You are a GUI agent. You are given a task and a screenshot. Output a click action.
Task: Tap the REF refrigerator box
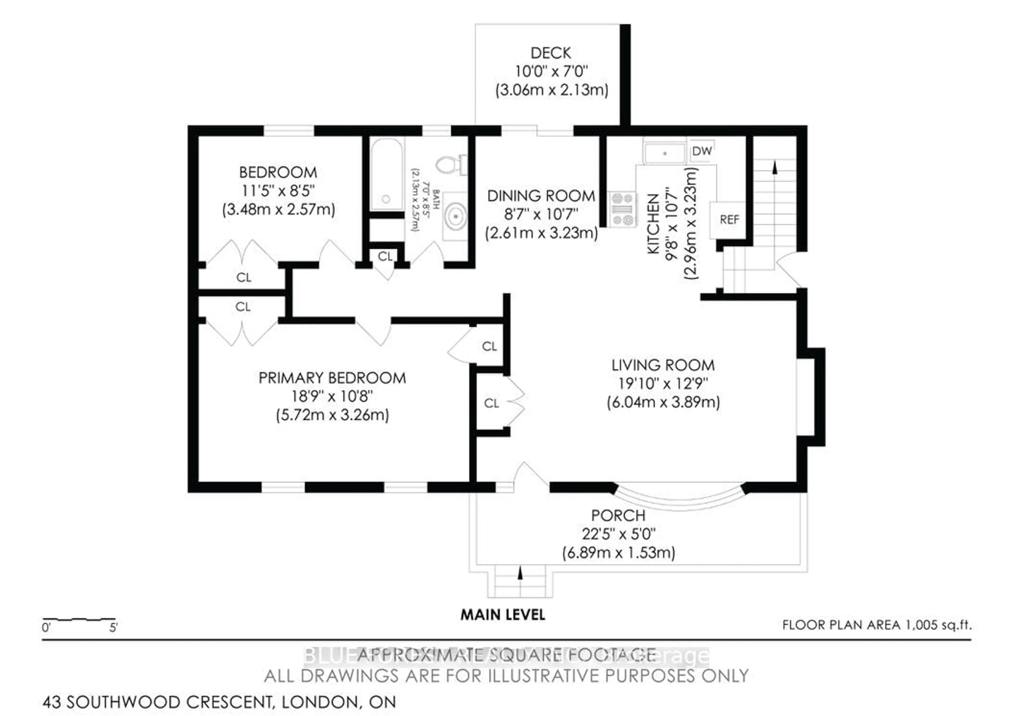[729, 220]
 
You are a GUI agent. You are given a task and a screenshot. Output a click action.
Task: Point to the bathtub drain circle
[386, 199]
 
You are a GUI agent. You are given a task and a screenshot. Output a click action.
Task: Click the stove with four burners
[623, 209]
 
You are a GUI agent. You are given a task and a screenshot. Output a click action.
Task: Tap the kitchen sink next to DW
[665, 153]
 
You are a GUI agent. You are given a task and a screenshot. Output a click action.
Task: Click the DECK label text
[551, 53]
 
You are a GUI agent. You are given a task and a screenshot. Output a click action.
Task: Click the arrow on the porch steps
[520, 573]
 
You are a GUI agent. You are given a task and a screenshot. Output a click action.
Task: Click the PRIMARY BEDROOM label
[332, 378]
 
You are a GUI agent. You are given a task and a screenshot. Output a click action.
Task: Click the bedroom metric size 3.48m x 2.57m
[278, 209]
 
